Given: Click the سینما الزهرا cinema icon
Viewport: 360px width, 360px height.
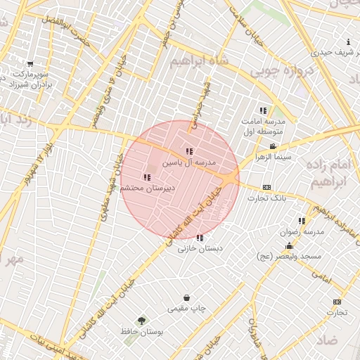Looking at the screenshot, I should pos(263,146).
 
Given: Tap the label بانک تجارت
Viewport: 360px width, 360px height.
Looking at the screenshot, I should pos(267,198).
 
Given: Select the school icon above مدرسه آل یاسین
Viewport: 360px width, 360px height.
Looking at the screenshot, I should pos(189,151).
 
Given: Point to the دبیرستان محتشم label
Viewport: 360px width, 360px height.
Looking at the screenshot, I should pos(147,188).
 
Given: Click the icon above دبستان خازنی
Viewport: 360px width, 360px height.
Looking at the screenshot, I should pos(200,238).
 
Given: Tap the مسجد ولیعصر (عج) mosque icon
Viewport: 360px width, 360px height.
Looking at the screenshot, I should pos(289,245).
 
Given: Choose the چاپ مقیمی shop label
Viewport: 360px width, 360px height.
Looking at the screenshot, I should pos(186,308).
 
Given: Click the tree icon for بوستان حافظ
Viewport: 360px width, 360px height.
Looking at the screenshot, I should pos(142,320).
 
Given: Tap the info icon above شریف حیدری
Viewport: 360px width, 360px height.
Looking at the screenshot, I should pos(349,42).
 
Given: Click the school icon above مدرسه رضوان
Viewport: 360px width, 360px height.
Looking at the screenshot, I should pos(302,221).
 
